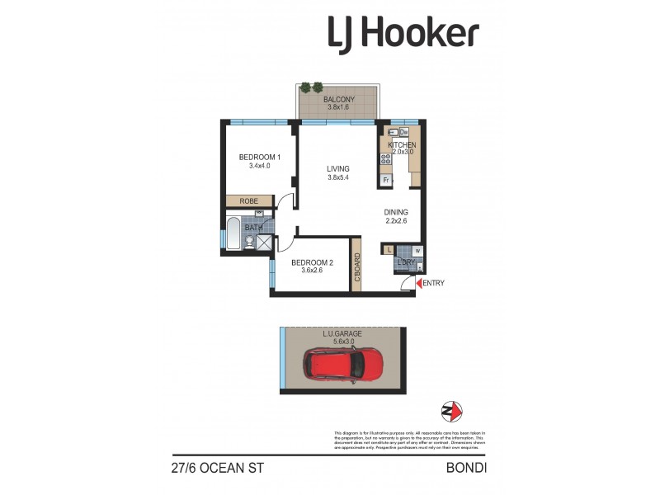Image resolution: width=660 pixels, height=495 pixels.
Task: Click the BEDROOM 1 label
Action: point(260,157)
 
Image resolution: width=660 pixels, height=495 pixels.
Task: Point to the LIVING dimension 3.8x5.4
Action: point(338,177)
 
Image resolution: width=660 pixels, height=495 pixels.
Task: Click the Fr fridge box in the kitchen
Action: point(385,180)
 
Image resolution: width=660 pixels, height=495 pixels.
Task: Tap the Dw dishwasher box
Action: point(404,130)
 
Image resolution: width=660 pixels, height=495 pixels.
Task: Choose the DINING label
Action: point(396,212)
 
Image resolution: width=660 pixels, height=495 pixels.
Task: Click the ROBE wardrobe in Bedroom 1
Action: point(250,200)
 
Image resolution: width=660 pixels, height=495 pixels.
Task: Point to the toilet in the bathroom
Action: point(249,240)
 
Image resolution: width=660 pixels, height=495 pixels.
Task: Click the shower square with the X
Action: point(264,242)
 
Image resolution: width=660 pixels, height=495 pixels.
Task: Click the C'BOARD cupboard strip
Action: point(356,265)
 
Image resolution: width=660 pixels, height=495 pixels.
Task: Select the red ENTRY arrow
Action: point(417,284)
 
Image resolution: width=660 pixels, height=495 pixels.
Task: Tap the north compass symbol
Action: point(451,411)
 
